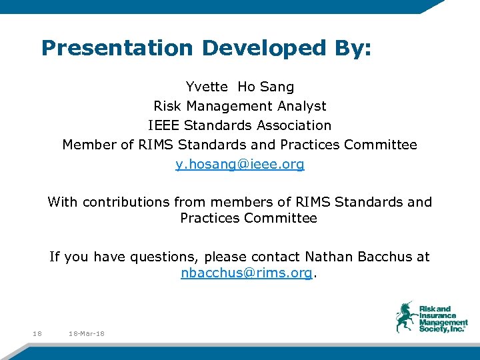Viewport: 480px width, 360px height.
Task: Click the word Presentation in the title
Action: tap(117, 48)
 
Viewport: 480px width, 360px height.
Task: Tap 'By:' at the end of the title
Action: tap(351, 48)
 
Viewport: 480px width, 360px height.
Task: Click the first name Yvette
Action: tap(207, 87)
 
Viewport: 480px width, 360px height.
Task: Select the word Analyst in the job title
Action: tap(302, 106)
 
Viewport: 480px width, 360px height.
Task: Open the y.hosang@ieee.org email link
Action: tap(240, 164)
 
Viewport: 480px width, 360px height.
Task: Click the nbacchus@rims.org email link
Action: tap(246, 273)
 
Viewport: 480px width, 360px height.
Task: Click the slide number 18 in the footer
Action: tap(37, 333)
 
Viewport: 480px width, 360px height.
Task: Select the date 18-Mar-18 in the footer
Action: tap(86, 333)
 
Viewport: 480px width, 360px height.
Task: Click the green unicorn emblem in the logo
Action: tap(405, 316)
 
